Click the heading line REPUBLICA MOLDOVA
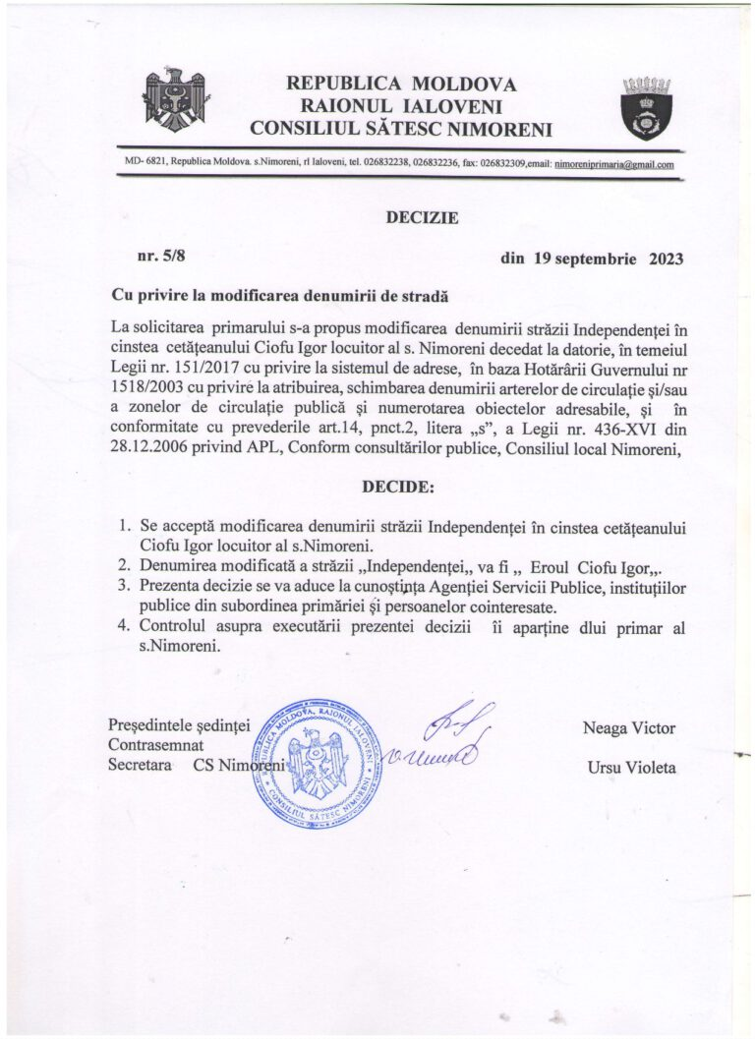pos(401,84)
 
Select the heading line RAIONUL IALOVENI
pos(401,105)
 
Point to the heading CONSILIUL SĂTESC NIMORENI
pos(401,127)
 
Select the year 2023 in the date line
pos(666,260)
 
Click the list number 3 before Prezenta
pos(125,586)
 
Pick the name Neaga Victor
pos(629,727)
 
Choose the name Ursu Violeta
pos(629,766)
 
